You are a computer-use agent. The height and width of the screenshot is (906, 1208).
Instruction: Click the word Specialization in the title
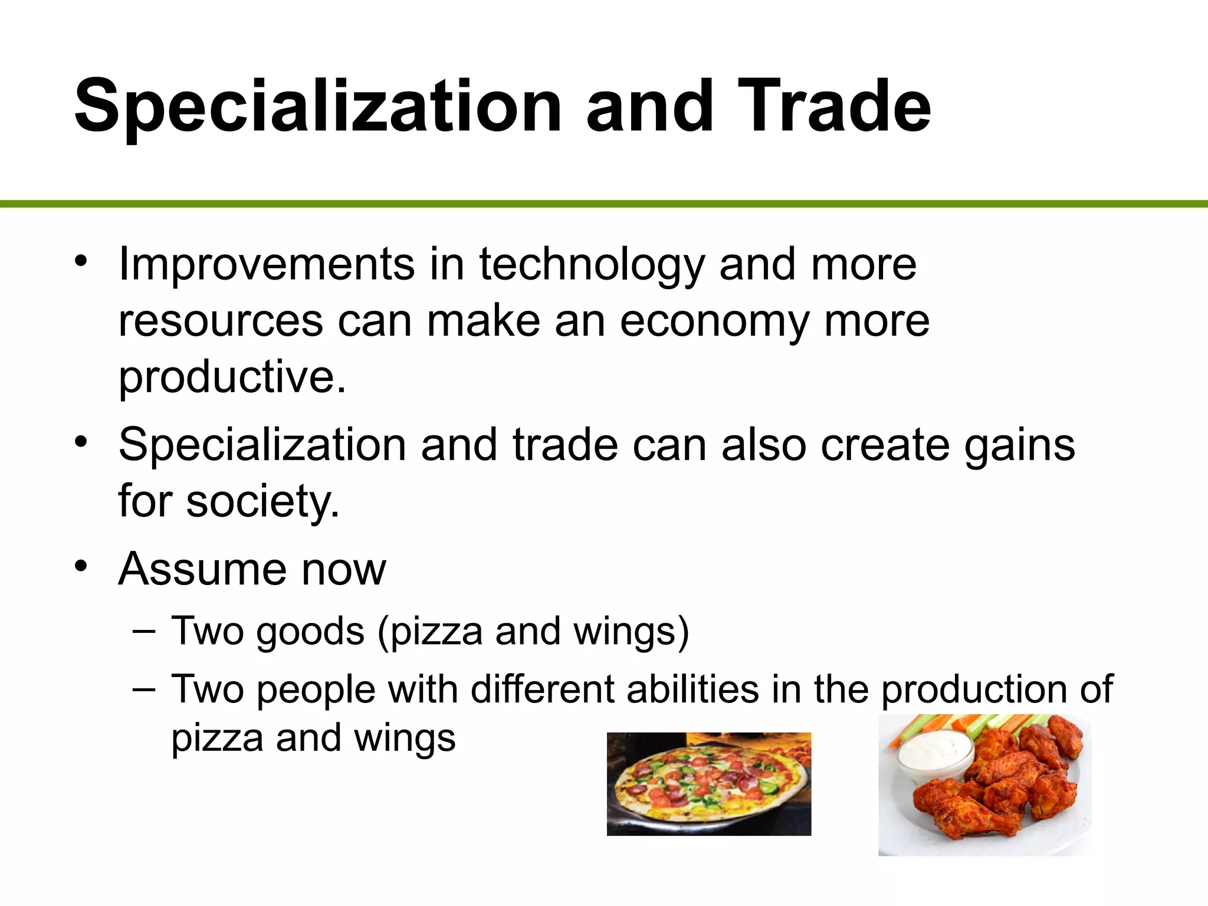coord(318,109)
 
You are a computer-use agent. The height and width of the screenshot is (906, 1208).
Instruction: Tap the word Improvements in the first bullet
coord(267,265)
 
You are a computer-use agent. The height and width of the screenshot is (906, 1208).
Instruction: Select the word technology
coord(592,265)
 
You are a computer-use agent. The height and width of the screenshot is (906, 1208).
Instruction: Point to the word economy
coord(714,322)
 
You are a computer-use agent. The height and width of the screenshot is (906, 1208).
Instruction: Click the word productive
coord(232,377)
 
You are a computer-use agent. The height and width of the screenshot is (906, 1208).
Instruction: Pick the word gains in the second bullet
coord(1020,445)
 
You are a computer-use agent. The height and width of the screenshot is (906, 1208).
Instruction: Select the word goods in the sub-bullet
coord(310,631)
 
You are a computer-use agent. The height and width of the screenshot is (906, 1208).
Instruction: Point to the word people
coord(316,690)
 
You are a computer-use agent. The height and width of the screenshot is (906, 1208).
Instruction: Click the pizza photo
coord(709,784)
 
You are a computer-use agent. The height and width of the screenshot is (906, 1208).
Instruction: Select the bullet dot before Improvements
coord(81,261)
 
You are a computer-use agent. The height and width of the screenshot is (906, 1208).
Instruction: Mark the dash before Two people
coord(145,688)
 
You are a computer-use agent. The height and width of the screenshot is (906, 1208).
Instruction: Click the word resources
coord(221,322)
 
